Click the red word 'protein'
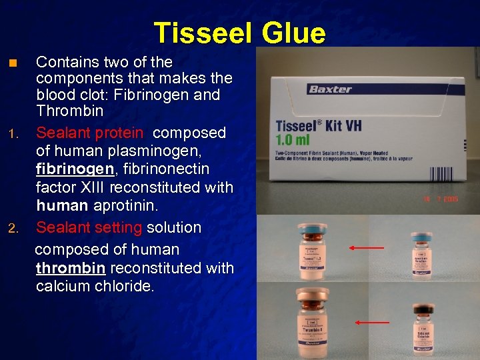click(118, 133)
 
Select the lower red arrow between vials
click(371, 323)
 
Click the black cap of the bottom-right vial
click(422, 309)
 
